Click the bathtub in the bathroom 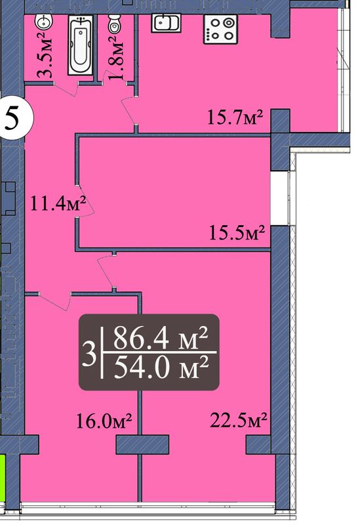pos(80,45)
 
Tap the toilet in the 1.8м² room pos(114,24)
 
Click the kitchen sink pos(167,22)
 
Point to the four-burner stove pos(220,30)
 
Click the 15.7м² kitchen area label pos(235,117)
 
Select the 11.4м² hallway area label pos(58,203)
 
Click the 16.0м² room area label pos(104,421)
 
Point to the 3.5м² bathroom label pos(45,55)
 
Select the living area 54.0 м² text pos(161,367)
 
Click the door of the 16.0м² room pos(54,302)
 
